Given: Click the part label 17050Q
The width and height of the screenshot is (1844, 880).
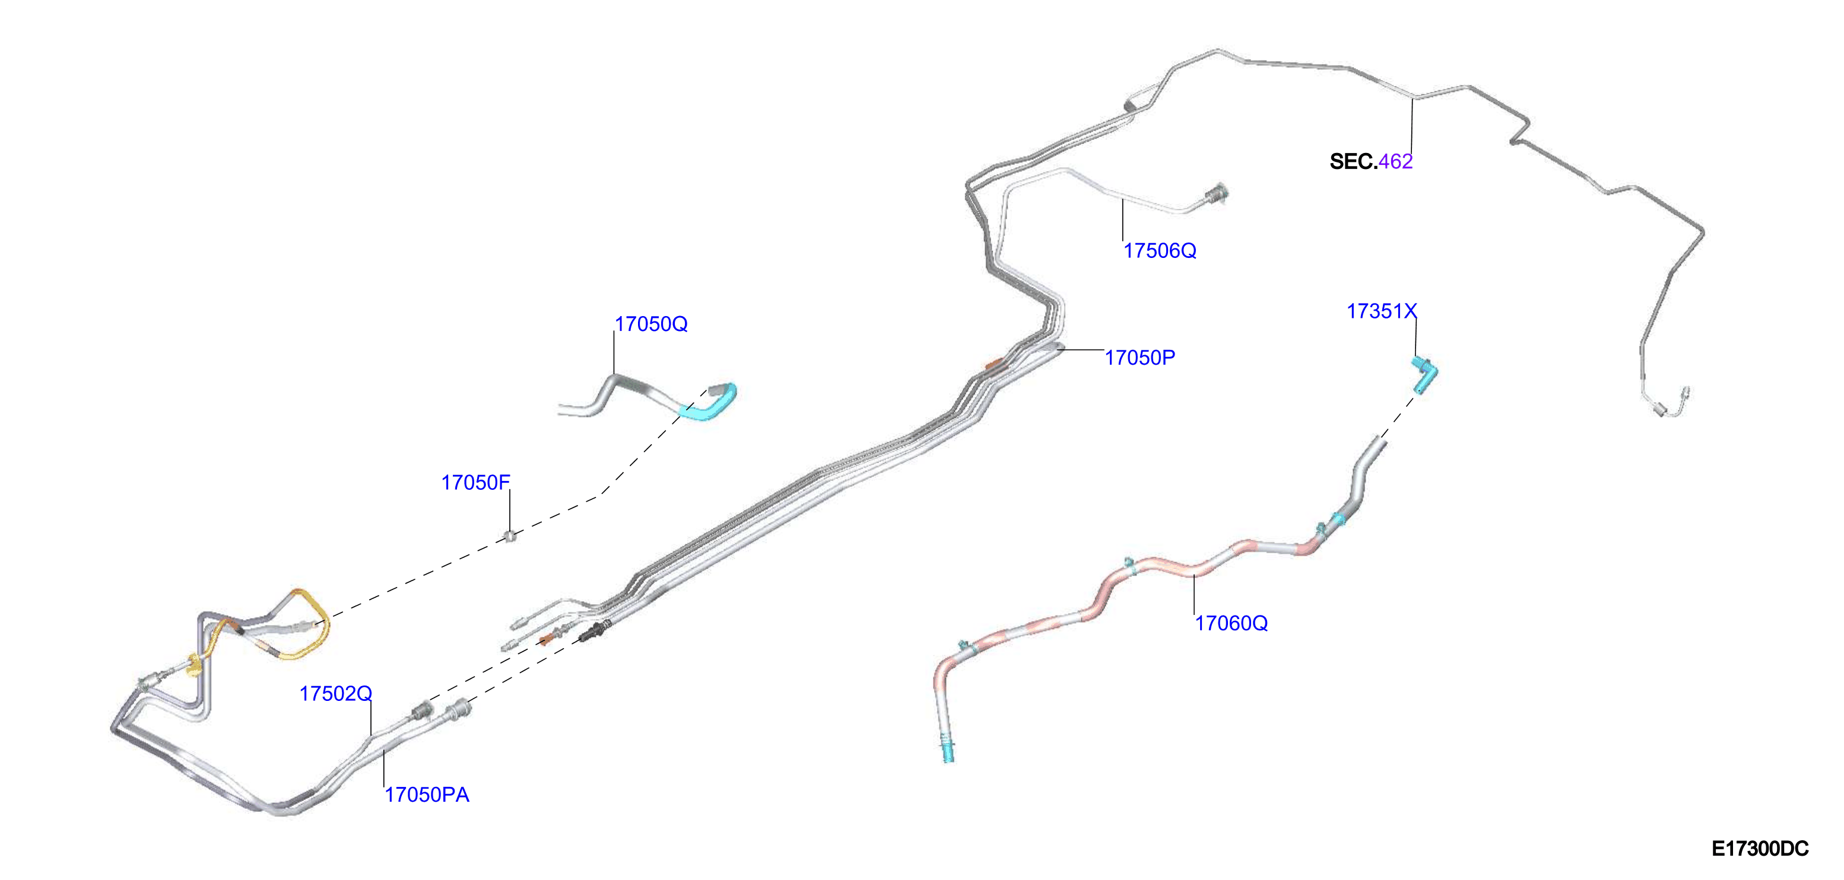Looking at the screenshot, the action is [x=650, y=324].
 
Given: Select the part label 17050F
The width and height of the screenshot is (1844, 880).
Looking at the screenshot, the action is [x=475, y=483].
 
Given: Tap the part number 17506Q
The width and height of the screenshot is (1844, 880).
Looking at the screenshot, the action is [x=1160, y=251].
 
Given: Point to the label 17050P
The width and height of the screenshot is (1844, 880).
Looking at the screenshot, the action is [x=1140, y=358].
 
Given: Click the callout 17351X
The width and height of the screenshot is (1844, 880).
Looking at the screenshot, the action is [x=1382, y=311].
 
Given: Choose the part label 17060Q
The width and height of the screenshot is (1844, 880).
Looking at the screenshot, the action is [x=1232, y=623].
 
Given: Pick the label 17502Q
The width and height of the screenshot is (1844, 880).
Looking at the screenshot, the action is [x=336, y=694].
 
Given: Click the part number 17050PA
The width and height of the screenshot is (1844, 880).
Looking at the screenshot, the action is [x=427, y=795].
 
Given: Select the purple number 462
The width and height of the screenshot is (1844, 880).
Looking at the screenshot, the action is [x=1395, y=162].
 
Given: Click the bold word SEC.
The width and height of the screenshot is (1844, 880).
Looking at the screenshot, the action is [x=1353, y=162].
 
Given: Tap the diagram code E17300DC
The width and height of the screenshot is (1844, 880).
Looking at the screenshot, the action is [x=1760, y=849].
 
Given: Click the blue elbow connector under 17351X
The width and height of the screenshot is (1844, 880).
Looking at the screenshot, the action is [x=1424, y=375].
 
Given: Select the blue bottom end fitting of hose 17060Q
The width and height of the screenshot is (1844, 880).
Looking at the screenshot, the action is [x=948, y=751].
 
